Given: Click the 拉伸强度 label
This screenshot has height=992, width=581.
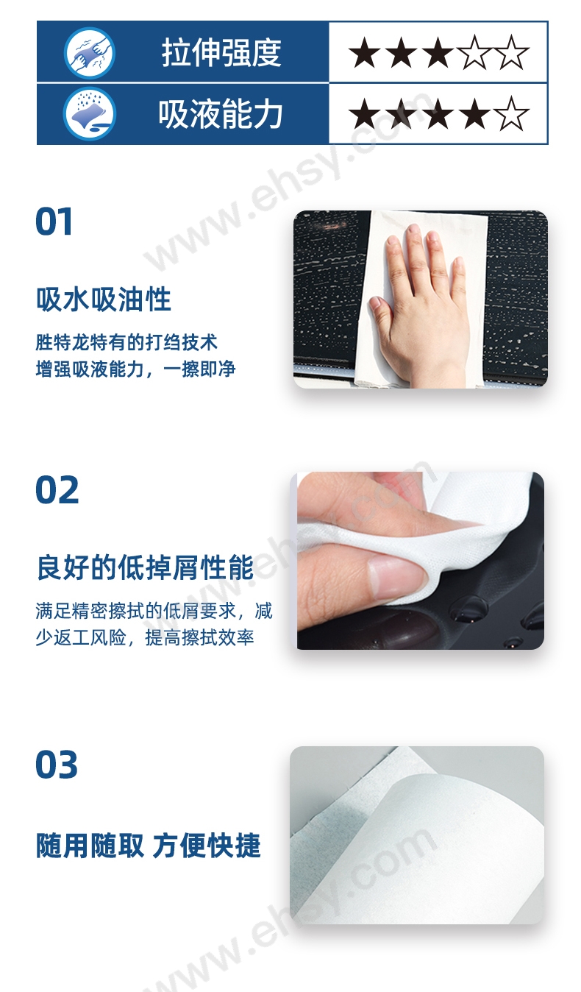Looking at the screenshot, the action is coord(221,52).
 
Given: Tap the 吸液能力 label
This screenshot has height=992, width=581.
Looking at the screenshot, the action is coord(221,114).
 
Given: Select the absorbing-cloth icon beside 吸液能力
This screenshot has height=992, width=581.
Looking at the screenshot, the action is coord(90,114).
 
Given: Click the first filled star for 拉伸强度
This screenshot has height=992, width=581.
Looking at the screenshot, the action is coord(365,52).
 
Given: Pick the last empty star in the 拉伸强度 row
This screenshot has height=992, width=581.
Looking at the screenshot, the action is coord(512,52).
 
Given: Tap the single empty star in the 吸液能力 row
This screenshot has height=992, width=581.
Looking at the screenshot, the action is coord(512,114).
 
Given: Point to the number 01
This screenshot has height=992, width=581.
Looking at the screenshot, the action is coord(54,222).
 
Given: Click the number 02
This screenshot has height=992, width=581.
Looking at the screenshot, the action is coord(57,490).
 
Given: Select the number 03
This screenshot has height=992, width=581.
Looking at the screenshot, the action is coord(57,765).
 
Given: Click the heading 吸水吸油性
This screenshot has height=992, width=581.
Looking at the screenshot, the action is coord(104,300).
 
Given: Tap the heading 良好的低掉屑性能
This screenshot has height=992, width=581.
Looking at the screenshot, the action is coord(145,567).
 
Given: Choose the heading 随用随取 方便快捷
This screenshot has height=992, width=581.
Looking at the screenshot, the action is coord(149,845).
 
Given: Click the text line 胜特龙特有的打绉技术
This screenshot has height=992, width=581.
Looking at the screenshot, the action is coord(126,342).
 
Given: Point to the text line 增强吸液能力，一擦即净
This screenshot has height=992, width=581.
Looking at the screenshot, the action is coord(135,369).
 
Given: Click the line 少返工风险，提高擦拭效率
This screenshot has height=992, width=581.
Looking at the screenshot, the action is coord(145,637).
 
